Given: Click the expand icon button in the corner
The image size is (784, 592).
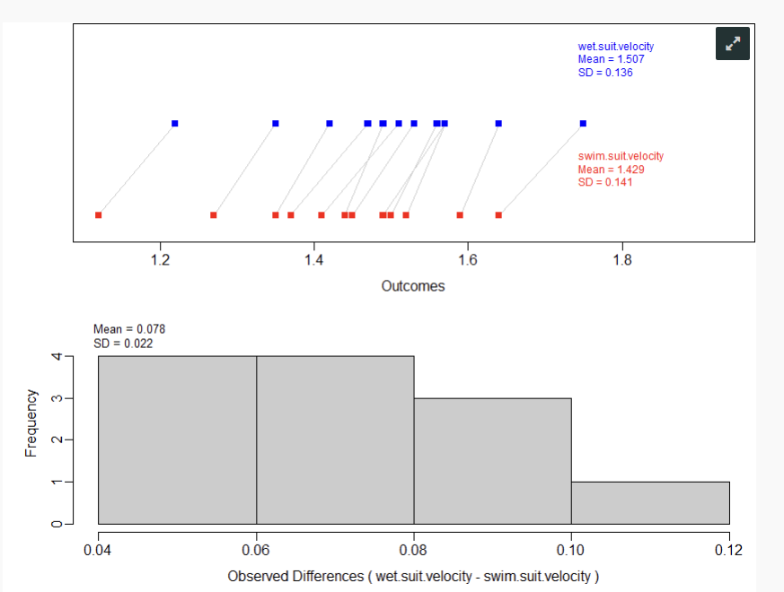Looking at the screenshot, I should (x=732, y=44).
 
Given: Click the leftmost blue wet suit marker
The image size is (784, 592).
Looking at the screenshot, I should (x=175, y=124).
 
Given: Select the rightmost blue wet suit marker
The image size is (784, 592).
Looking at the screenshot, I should (x=584, y=124).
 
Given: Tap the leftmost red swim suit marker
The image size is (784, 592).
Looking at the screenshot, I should (x=99, y=215).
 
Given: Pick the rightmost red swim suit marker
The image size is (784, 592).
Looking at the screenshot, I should (x=498, y=215).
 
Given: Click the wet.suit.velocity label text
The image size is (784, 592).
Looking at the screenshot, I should (x=615, y=47).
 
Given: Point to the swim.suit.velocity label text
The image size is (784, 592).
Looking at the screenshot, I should (x=621, y=157).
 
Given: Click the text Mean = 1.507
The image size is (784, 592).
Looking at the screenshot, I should (x=611, y=60).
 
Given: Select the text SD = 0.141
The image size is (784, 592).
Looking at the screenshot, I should (x=605, y=183).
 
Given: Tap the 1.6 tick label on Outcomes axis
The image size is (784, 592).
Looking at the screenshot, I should (x=467, y=262).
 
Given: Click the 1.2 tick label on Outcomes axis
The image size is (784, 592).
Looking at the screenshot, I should (x=161, y=262).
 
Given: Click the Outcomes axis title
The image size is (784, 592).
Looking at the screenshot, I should (x=413, y=287).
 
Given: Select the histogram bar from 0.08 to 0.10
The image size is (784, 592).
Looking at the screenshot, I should (x=492, y=462).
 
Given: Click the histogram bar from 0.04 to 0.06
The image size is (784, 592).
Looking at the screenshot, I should (x=177, y=440).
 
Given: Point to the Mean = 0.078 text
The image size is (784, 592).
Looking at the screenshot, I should (x=129, y=330).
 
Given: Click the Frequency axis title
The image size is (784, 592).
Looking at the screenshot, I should (x=31, y=422).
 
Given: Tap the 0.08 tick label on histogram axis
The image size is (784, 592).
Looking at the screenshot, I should (x=414, y=550).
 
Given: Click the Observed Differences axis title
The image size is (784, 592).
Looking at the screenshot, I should (x=413, y=576).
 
